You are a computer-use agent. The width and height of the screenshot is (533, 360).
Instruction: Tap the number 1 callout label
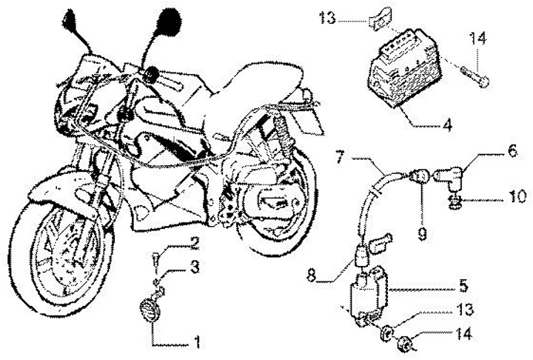coord(197,343)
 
